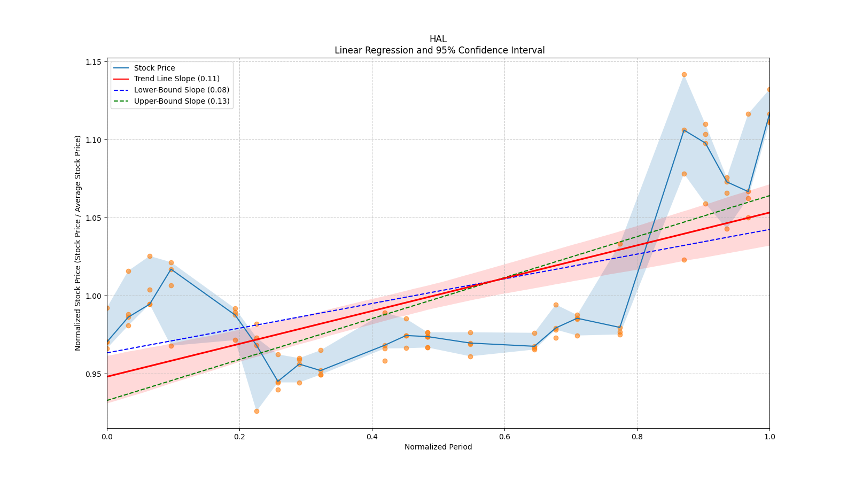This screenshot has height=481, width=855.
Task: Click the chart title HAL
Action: (438, 39)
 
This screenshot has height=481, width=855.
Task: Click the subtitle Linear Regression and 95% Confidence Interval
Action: (439, 50)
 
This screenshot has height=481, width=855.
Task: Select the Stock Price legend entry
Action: (154, 68)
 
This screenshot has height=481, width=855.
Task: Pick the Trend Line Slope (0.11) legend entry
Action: (176, 79)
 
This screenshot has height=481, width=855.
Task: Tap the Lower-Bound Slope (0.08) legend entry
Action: (181, 90)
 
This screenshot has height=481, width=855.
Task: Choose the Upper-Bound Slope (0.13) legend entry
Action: (181, 101)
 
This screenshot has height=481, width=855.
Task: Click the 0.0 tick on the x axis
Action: (107, 437)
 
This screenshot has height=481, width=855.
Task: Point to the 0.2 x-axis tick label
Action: (239, 437)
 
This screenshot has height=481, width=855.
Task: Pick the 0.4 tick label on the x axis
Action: (372, 437)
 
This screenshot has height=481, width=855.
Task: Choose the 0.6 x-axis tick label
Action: (504, 437)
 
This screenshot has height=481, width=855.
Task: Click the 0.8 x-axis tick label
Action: (637, 437)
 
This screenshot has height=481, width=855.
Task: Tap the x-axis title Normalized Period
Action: (438, 447)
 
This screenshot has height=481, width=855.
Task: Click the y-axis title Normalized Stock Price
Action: (78, 243)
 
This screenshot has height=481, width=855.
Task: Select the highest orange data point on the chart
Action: (684, 75)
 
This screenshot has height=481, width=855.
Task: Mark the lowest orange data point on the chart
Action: (256, 411)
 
